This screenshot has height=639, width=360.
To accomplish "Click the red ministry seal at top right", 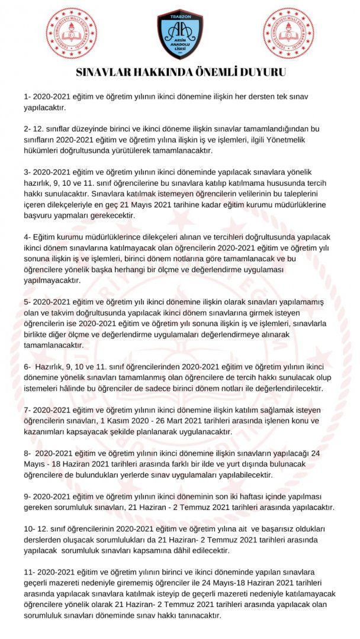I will (288, 34).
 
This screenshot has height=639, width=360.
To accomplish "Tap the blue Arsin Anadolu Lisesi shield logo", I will (180, 34).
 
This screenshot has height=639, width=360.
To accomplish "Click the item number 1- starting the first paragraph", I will (27, 96).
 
